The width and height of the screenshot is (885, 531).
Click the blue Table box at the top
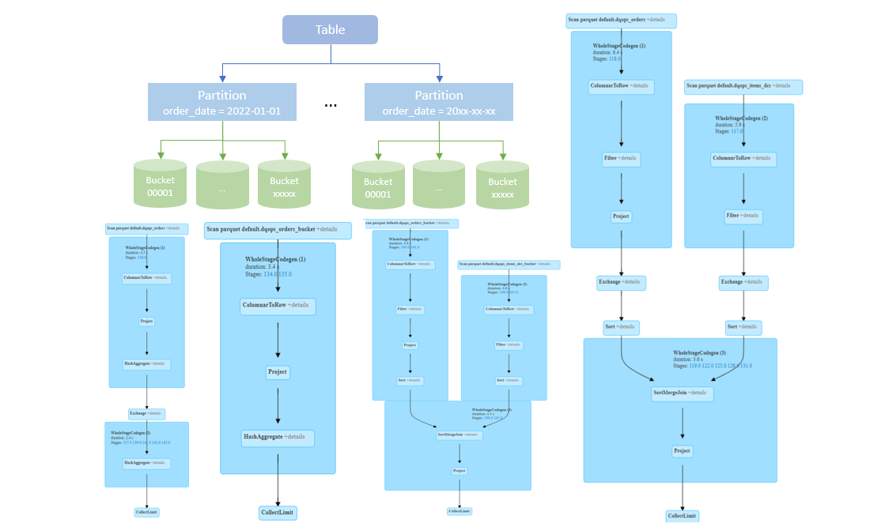[x=330, y=30]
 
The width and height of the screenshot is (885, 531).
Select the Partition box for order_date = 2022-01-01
[x=221, y=102]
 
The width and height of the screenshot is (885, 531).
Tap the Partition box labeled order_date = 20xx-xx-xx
[x=438, y=102]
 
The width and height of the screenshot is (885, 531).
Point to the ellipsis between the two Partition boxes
[x=331, y=104]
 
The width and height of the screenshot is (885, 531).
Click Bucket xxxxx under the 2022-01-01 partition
[x=284, y=186]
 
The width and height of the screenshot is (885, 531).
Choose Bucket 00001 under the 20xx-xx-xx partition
[x=378, y=186]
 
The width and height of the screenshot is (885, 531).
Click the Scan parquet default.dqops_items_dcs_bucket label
[x=509, y=265]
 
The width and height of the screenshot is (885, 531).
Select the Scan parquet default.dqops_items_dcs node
[x=743, y=86]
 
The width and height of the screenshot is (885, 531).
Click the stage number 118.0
[x=615, y=58]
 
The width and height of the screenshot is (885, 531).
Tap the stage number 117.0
[x=737, y=131]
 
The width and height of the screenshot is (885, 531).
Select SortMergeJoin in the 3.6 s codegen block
[x=682, y=393]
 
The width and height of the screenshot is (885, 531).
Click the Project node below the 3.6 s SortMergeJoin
[x=682, y=451]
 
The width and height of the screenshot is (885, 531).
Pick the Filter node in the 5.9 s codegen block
[x=743, y=215]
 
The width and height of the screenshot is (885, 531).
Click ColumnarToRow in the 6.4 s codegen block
[x=622, y=86]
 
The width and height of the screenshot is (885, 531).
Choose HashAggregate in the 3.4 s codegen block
[x=278, y=437]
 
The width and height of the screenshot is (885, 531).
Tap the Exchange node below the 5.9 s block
[x=743, y=282]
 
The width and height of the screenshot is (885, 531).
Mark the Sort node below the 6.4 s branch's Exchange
[x=621, y=327]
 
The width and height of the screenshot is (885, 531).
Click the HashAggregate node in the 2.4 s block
[x=146, y=463]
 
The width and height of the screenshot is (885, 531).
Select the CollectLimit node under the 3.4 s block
[x=278, y=512]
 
